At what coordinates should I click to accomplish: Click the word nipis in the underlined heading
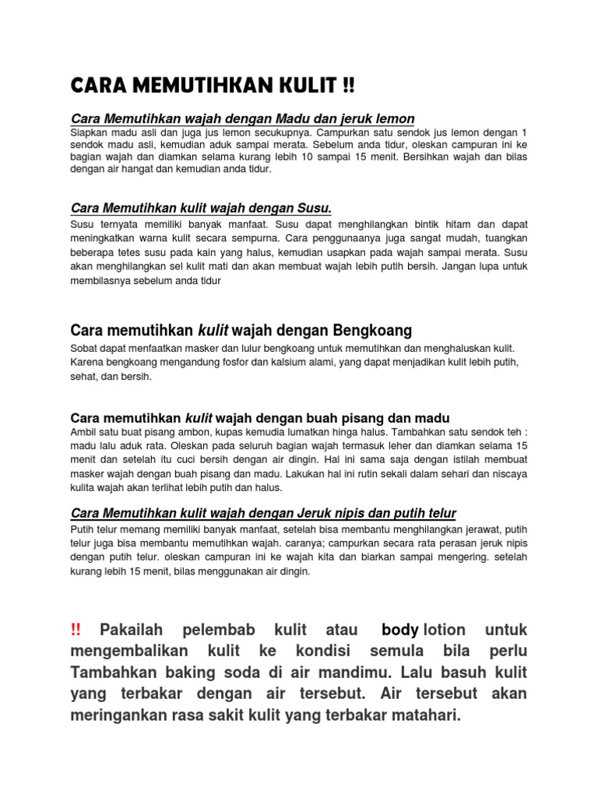point(333,512)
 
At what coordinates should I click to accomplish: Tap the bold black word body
point(401,629)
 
